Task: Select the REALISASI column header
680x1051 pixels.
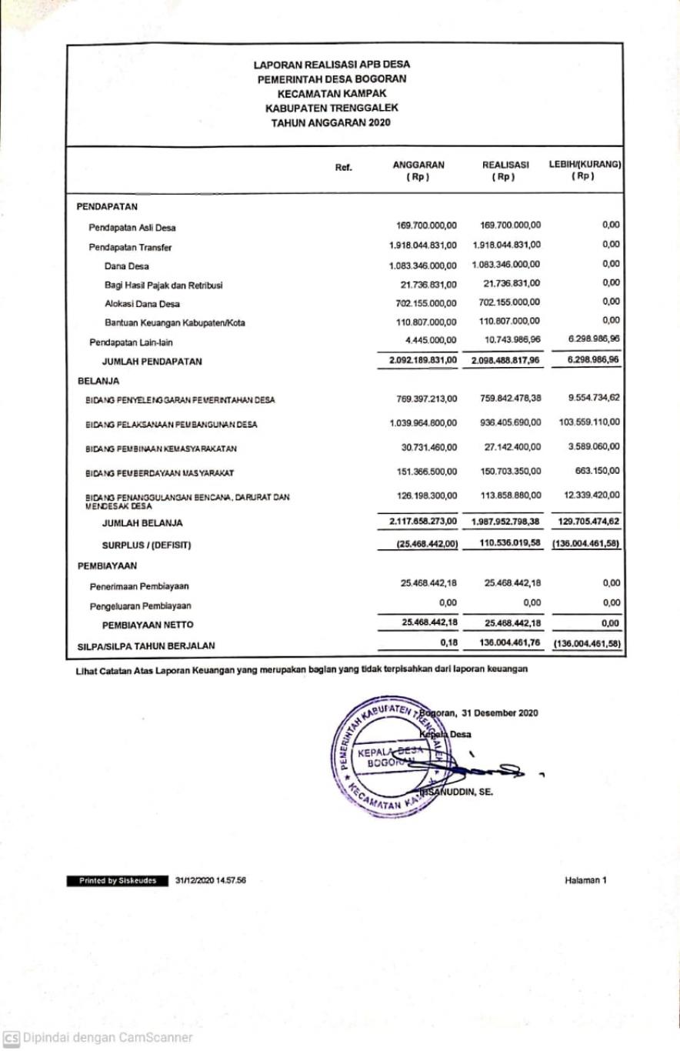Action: click(x=505, y=170)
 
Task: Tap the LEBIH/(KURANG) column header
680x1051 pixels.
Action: click(x=585, y=170)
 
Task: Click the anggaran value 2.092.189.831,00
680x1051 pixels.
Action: click(x=423, y=359)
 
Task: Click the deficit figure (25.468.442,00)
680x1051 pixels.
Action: click(x=426, y=545)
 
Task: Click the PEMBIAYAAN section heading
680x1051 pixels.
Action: click(x=107, y=566)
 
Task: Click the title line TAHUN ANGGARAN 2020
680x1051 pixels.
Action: click(x=332, y=122)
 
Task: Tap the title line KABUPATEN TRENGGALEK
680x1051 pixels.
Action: click(x=332, y=108)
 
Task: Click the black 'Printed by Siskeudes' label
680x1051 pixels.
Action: click(x=118, y=880)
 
